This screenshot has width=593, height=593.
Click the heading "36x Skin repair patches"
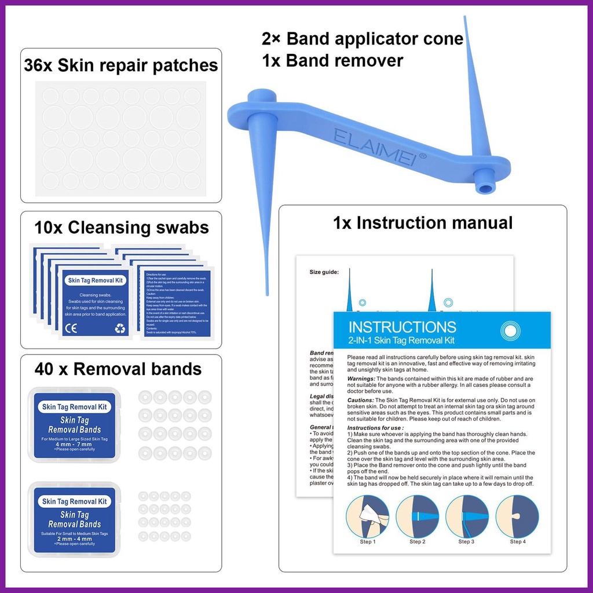pyautogui.click(x=121, y=65)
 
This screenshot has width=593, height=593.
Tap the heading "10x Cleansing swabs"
pyautogui.click(x=122, y=228)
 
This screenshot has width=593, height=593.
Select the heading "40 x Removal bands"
pyautogui.click(x=118, y=369)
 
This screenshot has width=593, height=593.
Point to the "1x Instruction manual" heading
pyautogui.click(x=423, y=222)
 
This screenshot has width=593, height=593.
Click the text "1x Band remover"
pyautogui.click(x=332, y=61)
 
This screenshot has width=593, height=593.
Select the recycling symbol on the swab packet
pyautogui.click(x=120, y=328)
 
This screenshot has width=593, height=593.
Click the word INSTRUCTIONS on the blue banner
pyautogui.click(x=402, y=327)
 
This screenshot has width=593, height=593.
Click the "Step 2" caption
pyautogui.click(x=417, y=542)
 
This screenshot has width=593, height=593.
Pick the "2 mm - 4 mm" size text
pyautogui.click(x=74, y=539)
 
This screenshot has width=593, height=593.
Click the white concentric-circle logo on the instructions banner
pyautogui.click(x=510, y=331)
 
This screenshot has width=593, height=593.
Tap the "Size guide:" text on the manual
pyautogui.click(x=324, y=271)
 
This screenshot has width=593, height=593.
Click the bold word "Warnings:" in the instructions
pyautogui.click(x=363, y=378)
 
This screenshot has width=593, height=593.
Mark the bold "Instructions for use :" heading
pyautogui.click(x=376, y=428)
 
